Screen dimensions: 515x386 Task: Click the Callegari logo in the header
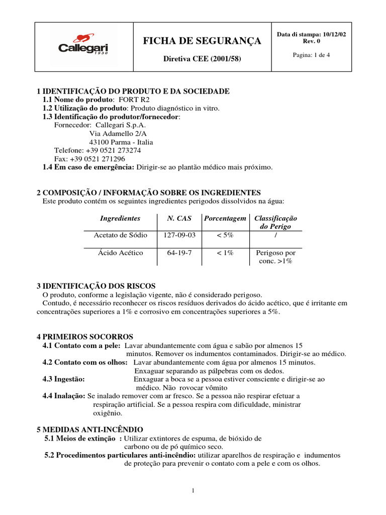click(83, 47)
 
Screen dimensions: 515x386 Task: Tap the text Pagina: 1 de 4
click(311, 55)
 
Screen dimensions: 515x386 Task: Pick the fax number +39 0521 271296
click(99, 158)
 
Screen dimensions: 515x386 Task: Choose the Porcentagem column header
click(225, 218)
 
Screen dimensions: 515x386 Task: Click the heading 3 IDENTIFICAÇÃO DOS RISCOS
click(96, 286)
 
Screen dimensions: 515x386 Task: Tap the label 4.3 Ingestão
click(63, 379)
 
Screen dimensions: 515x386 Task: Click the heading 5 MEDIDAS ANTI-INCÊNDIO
click(90, 430)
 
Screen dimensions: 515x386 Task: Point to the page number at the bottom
click(193, 491)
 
